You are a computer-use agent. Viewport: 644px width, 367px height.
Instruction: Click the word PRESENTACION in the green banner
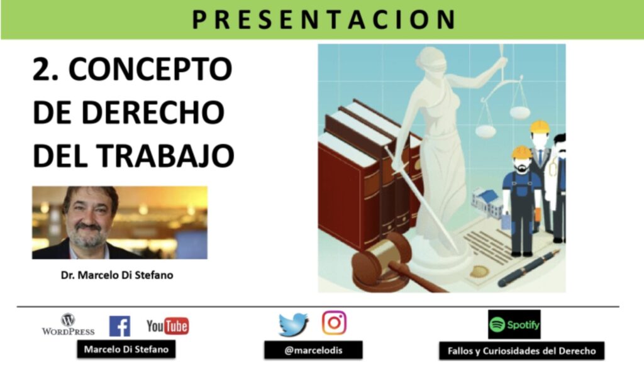(x=324, y=19)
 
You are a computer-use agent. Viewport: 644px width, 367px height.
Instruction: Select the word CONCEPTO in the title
(x=150, y=69)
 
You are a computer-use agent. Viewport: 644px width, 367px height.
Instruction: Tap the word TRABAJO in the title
(x=165, y=156)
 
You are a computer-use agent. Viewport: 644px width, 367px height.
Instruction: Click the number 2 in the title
(x=41, y=69)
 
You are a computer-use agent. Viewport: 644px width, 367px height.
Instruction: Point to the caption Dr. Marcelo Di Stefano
(x=117, y=275)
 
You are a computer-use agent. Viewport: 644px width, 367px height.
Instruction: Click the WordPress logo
(x=68, y=325)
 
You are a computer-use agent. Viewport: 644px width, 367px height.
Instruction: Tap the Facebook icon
(x=120, y=326)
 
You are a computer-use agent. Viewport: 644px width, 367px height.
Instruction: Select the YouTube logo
(x=167, y=326)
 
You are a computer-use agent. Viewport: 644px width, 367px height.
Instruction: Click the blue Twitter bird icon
(x=294, y=324)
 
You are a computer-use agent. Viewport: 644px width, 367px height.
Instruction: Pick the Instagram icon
(x=335, y=322)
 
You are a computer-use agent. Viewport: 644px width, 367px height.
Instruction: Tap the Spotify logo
(x=514, y=324)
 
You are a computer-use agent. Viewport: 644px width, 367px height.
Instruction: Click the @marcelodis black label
(x=313, y=350)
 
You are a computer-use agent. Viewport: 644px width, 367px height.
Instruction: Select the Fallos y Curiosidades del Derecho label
(x=521, y=351)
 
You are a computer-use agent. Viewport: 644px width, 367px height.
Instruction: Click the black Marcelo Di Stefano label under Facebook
(x=126, y=349)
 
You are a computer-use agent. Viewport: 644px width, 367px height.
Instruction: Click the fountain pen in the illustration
(x=528, y=268)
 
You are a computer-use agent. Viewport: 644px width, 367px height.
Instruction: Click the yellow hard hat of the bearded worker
(x=521, y=152)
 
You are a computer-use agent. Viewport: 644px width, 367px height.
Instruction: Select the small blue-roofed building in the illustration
(x=487, y=202)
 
